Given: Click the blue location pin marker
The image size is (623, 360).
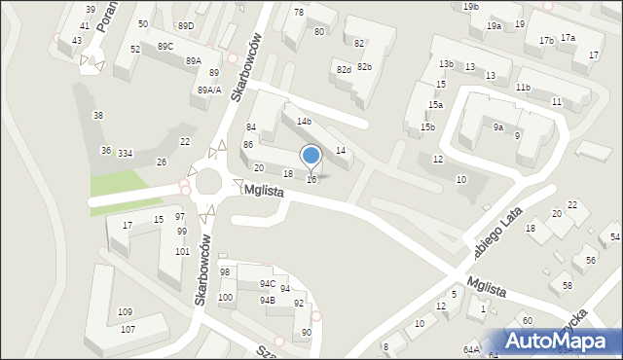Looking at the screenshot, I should pyautogui.click(x=311, y=156).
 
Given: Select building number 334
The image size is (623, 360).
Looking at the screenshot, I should pyautogui.click(x=125, y=154).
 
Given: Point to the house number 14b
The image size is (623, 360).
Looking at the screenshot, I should pyautogui.click(x=305, y=121).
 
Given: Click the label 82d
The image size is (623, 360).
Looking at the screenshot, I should pyautogui.click(x=344, y=70).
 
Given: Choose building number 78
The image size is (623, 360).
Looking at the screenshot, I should pyautogui.click(x=299, y=12).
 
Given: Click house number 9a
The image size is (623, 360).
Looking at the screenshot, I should pyautogui.click(x=497, y=126).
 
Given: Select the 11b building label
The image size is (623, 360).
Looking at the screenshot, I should pyautogui.click(x=523, y=88).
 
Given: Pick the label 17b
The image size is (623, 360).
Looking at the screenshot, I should pyautogui.click(x=546, y=41).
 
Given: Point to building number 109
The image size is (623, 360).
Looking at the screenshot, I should pyautogui.click(x=126, y=312).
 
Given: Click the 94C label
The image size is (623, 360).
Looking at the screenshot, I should pyautogui.click(x=267, y=284).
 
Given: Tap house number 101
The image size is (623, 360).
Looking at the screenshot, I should pyautogui.click(x=182, y=252).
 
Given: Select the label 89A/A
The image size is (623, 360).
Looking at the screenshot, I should pyautogui.click(x=209, y=90).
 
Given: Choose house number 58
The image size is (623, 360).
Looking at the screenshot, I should pyautogui.click(x=568, y=285).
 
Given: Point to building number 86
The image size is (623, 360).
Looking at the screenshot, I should pyautogui.click(x=248, y=144).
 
